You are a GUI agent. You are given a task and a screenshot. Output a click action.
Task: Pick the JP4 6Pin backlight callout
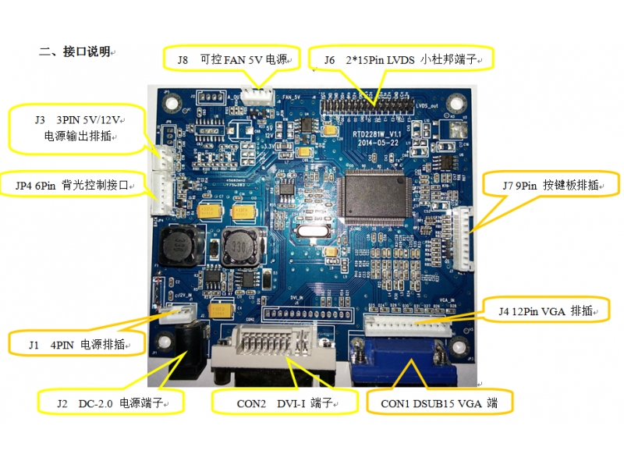tap(75, 186)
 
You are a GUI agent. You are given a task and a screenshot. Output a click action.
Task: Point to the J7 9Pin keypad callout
tap(551, 186)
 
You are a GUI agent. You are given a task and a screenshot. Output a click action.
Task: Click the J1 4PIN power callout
tap(76, 343)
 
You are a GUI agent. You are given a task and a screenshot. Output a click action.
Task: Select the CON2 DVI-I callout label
tap(285, 404)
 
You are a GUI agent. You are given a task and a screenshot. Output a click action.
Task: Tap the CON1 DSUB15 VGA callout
tap(438, 404)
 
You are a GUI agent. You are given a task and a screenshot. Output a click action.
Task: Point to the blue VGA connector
tap(402, 359)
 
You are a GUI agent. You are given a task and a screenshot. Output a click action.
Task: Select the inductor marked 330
tap(239, 247)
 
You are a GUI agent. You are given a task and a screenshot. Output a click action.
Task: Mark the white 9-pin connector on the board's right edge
tap(465, 239)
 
